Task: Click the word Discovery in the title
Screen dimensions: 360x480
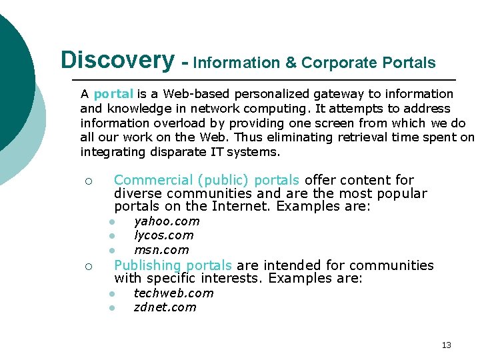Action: pyautogui.click(x=117, y=60)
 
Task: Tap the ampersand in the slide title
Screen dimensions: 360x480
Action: pyautogui.click(x=291, y=63)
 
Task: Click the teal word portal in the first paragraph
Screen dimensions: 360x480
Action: pyautogui.click(x=114, y=94)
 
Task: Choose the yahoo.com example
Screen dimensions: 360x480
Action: pyautogui.click(x=167, y=221)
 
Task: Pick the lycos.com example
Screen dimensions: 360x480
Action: pyautogui.click(x=163, y=235)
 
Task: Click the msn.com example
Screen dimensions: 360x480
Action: pyautogui.click(x=161, y=250)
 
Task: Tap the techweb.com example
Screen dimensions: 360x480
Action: pyautogui.click(x=173, y=293)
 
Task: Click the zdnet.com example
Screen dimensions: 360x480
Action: pyautogui.click(x=165, y=307)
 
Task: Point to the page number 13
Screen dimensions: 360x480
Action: pyautogui.click(x=446, y=345)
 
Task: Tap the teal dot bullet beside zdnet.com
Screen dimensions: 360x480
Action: pyautogui.click(x=114, y=308)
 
